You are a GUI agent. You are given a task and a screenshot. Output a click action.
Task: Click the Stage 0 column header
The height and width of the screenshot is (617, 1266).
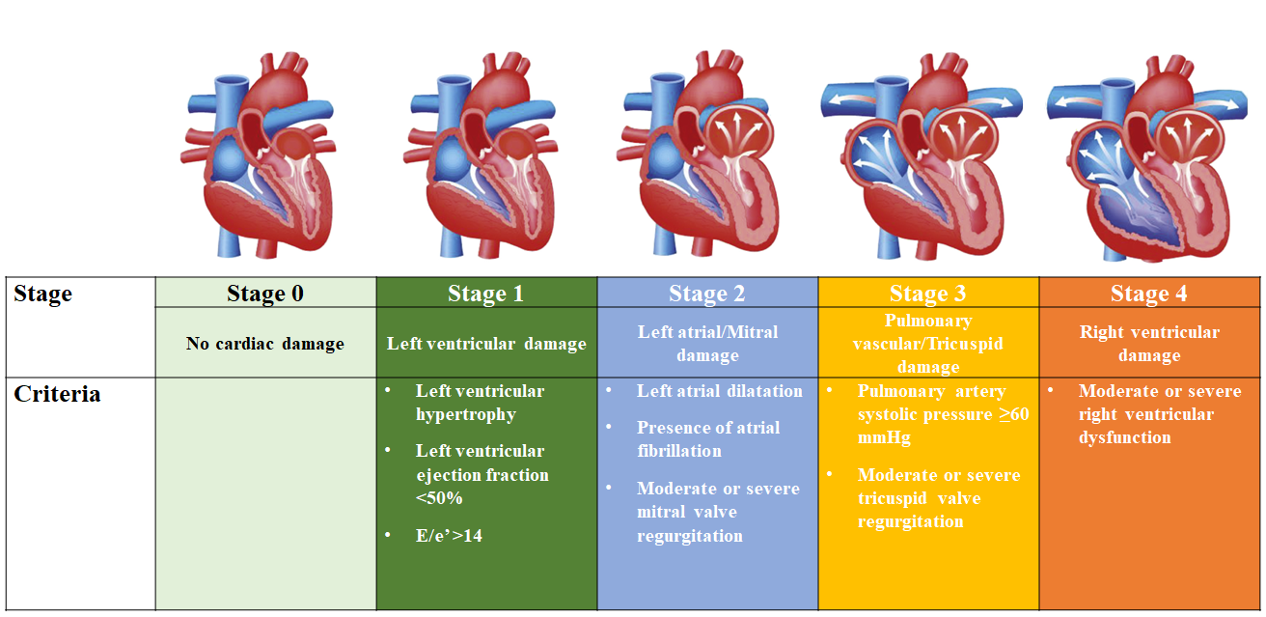[x=265, y=294]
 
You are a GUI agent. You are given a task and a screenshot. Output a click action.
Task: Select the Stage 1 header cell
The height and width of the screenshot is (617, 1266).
[x=485, y=294]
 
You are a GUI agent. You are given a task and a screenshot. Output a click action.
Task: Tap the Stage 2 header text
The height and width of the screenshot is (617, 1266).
[x=707, y=294]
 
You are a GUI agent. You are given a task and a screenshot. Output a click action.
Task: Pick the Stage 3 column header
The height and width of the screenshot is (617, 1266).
[x=928, y=294]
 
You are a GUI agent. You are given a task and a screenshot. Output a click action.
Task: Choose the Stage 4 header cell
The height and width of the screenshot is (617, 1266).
[x=1148, y=294]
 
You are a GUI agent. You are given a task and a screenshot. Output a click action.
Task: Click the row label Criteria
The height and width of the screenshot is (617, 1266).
[x=57, y=395]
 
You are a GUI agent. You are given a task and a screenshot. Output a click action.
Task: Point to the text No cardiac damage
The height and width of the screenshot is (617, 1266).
[x=265, y=344]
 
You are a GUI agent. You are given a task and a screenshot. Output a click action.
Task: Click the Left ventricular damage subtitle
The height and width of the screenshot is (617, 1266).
[x=486, y=344]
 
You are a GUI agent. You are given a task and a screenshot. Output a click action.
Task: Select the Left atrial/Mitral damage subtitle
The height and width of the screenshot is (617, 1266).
[x=707, y=344]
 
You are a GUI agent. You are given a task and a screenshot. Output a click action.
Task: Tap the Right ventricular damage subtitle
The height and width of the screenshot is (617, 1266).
[x=1148, y=344]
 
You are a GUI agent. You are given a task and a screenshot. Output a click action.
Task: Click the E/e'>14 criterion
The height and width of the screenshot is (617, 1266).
[x=449, y=535]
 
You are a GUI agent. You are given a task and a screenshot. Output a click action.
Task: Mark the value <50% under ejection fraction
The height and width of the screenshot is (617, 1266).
[x=439, y=498]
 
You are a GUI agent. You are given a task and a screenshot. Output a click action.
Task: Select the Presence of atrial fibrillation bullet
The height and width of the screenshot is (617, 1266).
[x=707, y=438]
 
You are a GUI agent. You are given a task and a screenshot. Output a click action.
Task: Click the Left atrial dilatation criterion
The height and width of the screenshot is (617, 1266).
[x=719, y=391]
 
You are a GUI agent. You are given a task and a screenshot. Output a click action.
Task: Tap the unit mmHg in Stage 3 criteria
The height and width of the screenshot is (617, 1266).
[x=884, y=437]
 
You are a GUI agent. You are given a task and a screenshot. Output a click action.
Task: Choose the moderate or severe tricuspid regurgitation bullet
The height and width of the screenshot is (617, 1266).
[x=938, y=497]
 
